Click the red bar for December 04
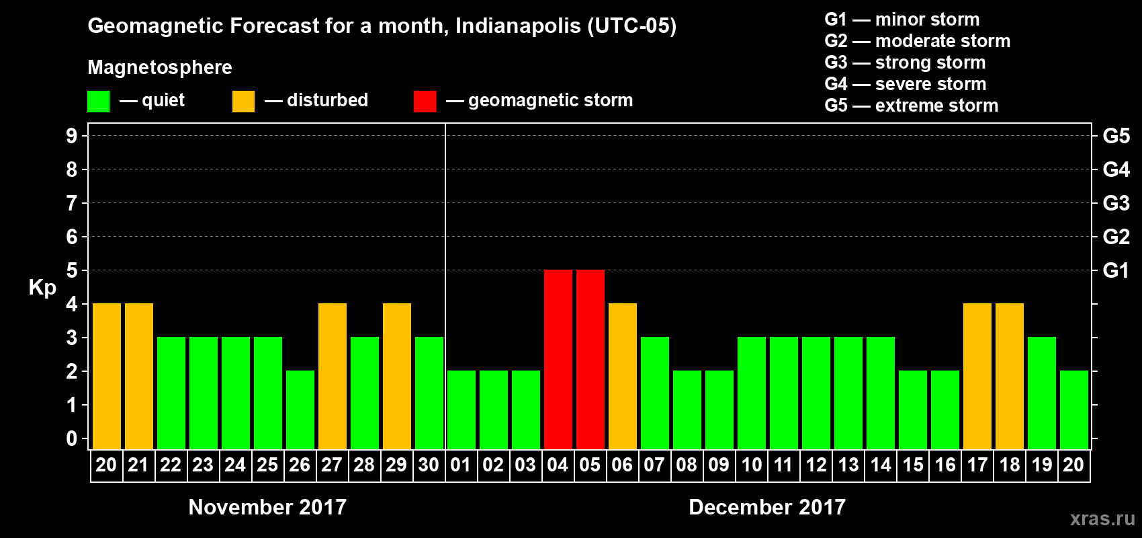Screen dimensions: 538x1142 [558, 359]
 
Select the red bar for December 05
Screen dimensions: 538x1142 [590, 359]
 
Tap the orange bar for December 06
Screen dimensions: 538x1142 [623, 376]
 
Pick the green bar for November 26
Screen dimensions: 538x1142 [300, 410]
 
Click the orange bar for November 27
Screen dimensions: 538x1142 [333, 376]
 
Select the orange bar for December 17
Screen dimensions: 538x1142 [977, 376]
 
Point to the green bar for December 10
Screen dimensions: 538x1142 [752, 393]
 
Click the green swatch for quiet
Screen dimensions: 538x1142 [98, 102]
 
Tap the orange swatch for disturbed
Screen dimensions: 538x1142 [243, 102]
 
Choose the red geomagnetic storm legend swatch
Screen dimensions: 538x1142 [425, 102]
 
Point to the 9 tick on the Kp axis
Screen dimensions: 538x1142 [72, 136]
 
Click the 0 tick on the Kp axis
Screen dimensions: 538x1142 [72, 439]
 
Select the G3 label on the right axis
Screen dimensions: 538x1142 [1116, 203]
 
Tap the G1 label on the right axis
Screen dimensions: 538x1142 [1116, 270]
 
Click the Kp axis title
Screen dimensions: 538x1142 [42, 288]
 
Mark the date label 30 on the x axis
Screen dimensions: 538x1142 [429, 465]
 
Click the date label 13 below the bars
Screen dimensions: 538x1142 [848, 465]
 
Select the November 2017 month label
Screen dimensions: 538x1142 [267, 507]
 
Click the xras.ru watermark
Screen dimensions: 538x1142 [1102, 518]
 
